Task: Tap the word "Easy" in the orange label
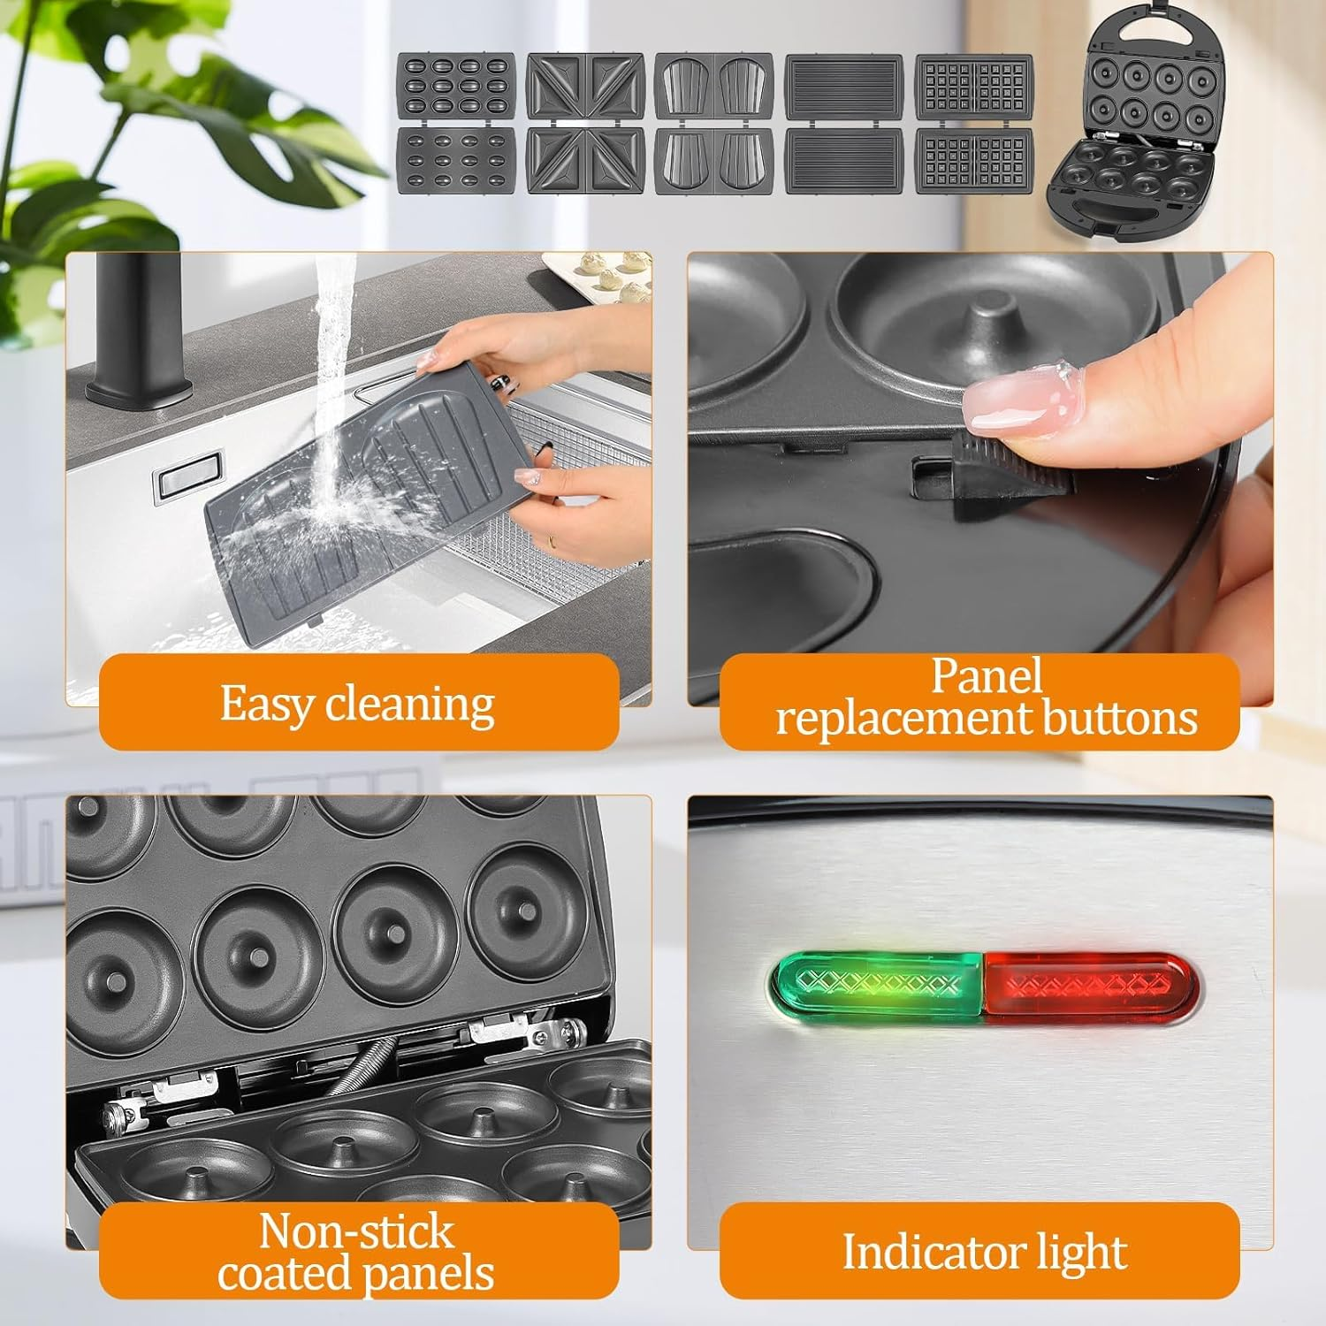(x=265, y=705)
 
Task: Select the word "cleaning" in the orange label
(x=410, y=704)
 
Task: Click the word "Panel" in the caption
(x=987, y=676)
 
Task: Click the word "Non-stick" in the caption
(x=356, y=1231)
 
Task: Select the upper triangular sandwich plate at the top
(x=584, y=87)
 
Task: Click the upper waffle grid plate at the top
(x=974, y=87)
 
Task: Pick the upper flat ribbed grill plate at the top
(x=844, y=87)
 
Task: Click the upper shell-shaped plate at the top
(x=714, y=87)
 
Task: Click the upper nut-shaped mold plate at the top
(x=455, y=87)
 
